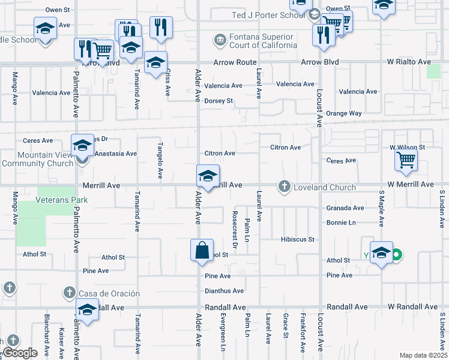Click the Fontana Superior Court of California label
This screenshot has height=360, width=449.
pyautogui.click(x=263, y=41)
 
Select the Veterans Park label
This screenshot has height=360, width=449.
pyautogui.click(x=62, y=200)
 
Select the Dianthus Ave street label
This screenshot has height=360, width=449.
pyautogui.click(x=224, y=291)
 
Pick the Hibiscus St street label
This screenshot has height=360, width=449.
pyautogui.click(x=297, y=239)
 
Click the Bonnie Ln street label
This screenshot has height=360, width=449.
pyautogui.click(x=341, y=223)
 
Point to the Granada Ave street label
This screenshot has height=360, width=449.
pyautogui.click(x=345, y=208)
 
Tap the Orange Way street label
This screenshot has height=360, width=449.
pyautogui.click(x=344, y=113)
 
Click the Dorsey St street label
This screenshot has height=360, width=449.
pyautogui.click(x=218, y=101)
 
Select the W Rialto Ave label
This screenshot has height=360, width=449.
pyautogui.click(x=408, y=62)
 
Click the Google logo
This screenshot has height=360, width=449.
pyautogui.click(x=20, y=353)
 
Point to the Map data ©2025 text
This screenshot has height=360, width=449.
pyautogui.click(x=423, y=355)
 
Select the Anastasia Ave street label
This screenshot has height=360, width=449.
pyautogui.click(x=116, y=154)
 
